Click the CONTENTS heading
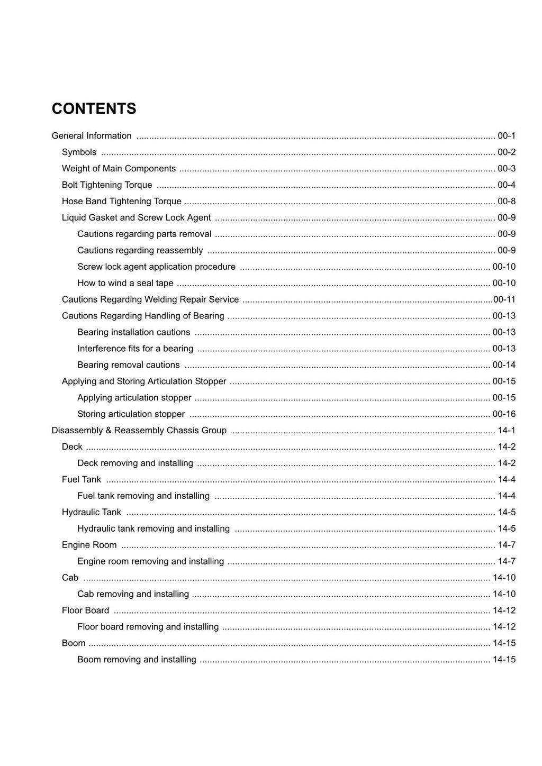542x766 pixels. (x=94, y=109)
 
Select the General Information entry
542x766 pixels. (x=92, y=136)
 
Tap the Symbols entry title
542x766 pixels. (x=79, y=152)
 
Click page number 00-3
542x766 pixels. (x=506, y=169)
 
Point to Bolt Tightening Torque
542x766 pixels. (x=107, y=185)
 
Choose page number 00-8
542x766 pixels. (x=506, y=202)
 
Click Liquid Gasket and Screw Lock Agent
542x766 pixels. (x=136, y=218)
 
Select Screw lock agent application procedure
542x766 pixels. (x=156, y=267)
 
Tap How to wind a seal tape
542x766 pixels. (x=125, y=284)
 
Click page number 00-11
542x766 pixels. (x=504, y=300)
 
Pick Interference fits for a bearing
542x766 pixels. (x=135, y=349)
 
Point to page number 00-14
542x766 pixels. (x=504, y=365)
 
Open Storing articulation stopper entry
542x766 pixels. (x=131, y=414)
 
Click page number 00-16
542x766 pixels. (x=504, y=414)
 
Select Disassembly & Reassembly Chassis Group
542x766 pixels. (x=139, y=431)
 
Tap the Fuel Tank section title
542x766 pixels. (x=81, y=480)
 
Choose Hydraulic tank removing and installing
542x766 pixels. (x=153, y=529)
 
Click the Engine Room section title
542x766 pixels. (x=89, y=545)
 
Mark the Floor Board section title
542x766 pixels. (x=85, y=611)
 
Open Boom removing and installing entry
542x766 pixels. (x=137, y=660)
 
